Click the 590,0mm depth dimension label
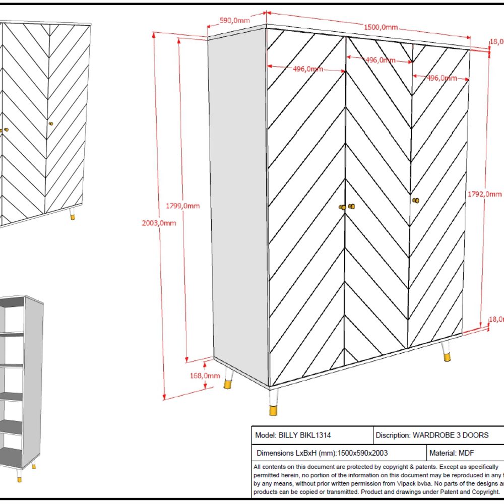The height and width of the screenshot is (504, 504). pyautogui.click(x=235, y=20)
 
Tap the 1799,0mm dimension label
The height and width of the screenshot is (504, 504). pyautogui.click(x=183, y=206)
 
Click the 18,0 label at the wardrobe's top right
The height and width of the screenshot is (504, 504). pyautogui.click(x=496, y=42)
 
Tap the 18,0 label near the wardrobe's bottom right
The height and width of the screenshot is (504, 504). pyautogui.click(x=496, y=319)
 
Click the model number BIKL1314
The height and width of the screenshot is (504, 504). pyautogui.click(x=314, y=435)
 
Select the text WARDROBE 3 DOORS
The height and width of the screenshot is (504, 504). pyautogui.click(x=451, y=435)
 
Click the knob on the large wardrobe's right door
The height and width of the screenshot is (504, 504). pyautogui.click(x=416, y=200)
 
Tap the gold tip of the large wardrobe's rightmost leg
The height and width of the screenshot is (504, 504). pyautogui.click(x=447, y=357)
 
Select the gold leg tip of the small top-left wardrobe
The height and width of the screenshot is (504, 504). pyautogui.click(x=73, y=217)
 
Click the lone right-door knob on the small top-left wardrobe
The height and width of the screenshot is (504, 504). pyautogui.click(x=50, y=123)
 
